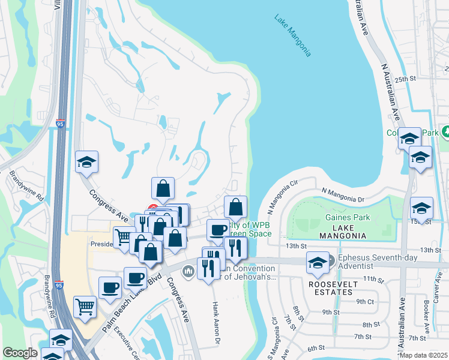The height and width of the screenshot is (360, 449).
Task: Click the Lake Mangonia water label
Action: (x=293, y=36)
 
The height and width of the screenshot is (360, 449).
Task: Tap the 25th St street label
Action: (x=405, y=79)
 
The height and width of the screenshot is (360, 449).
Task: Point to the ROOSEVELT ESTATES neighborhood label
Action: (x=331, y=288)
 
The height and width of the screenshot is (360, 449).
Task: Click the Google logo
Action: (x=20, y=353)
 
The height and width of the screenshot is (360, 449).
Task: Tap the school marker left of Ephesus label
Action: (x=317, y=262)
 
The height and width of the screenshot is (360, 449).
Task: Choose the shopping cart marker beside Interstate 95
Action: (x=85, y=307)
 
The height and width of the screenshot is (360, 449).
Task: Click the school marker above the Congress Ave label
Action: (x=87, y=162)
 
